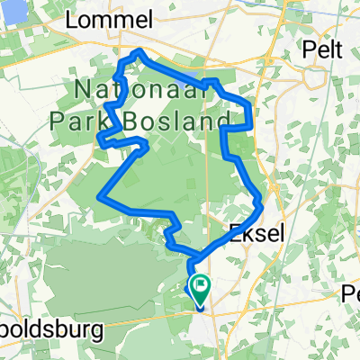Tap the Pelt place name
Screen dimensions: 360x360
coord(321,49)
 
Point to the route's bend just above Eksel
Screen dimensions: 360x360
coord(259,197)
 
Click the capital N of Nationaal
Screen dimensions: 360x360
coord(84,91)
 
